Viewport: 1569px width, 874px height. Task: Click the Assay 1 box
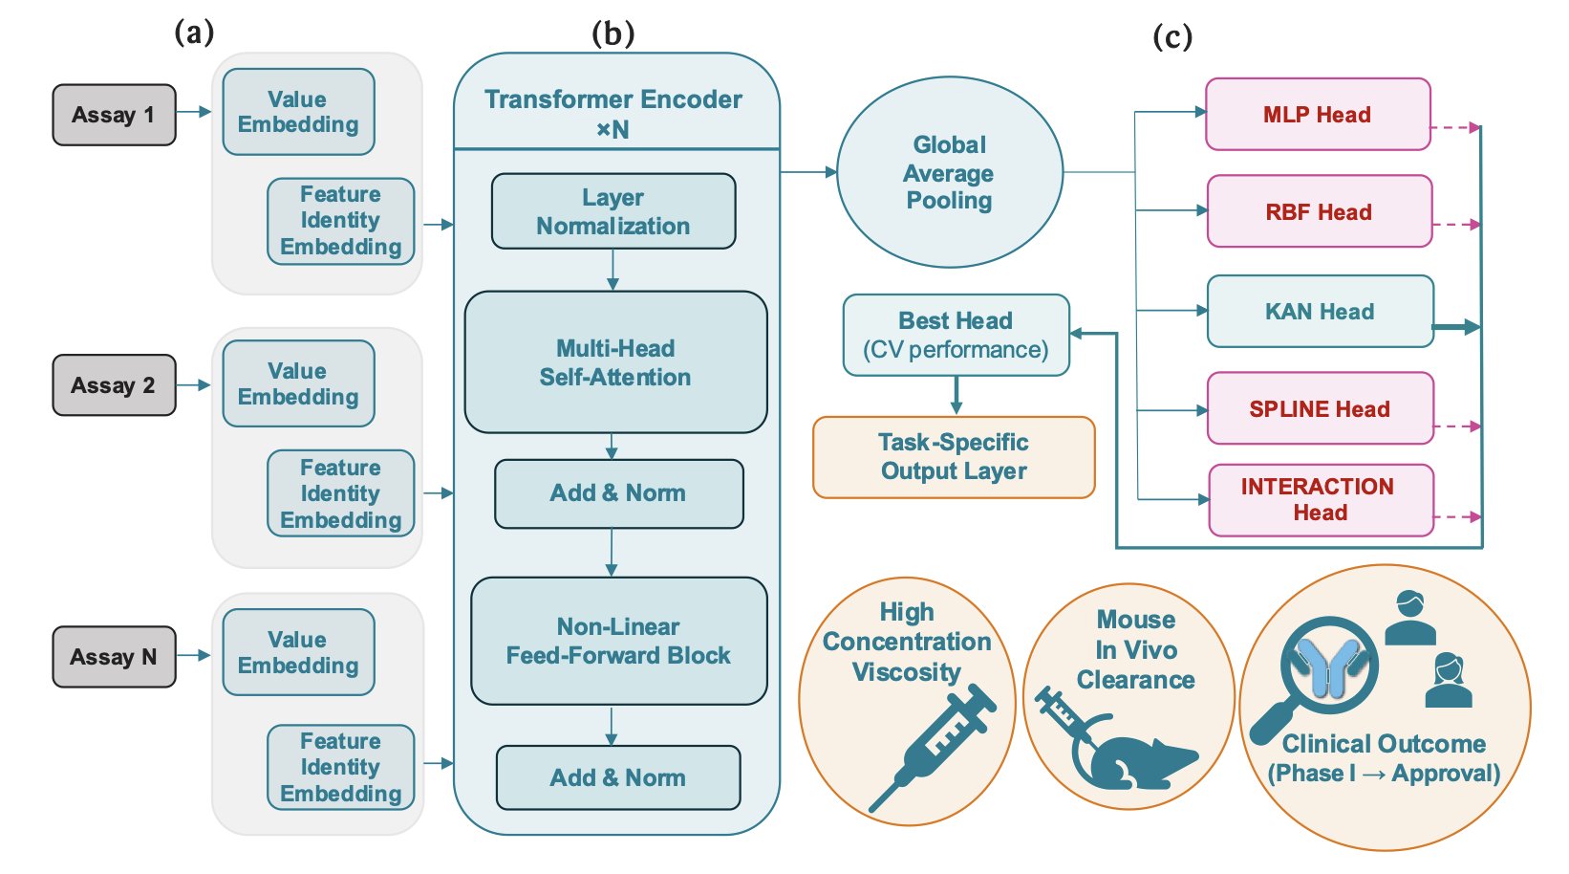click(114, 115)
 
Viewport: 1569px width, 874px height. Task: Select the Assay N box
click(114, 657)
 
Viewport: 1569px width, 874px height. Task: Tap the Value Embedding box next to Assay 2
click(298, 383)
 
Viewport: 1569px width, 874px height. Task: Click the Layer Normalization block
click(613, 211)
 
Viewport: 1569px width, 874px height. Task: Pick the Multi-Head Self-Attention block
click(615, 362)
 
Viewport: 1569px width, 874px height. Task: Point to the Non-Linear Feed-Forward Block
click(618, 641)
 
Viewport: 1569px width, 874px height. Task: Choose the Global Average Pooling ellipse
click(949, 173)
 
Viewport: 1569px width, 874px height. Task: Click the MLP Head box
click(1317, 115)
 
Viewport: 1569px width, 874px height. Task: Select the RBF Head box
click(1319, 211)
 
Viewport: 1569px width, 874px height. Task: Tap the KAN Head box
click(1320, 312)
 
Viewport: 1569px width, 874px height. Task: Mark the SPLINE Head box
click(1320, 409)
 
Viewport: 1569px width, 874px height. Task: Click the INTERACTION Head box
click(1320, 500)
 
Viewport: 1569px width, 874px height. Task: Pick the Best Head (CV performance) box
click(956, 335)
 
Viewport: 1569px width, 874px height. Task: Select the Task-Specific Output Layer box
click(954, 457)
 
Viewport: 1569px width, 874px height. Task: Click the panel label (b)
click(613, 34)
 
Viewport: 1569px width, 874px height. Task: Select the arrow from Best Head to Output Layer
click(956, 395)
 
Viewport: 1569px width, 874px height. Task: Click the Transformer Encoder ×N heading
click(613, 112)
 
